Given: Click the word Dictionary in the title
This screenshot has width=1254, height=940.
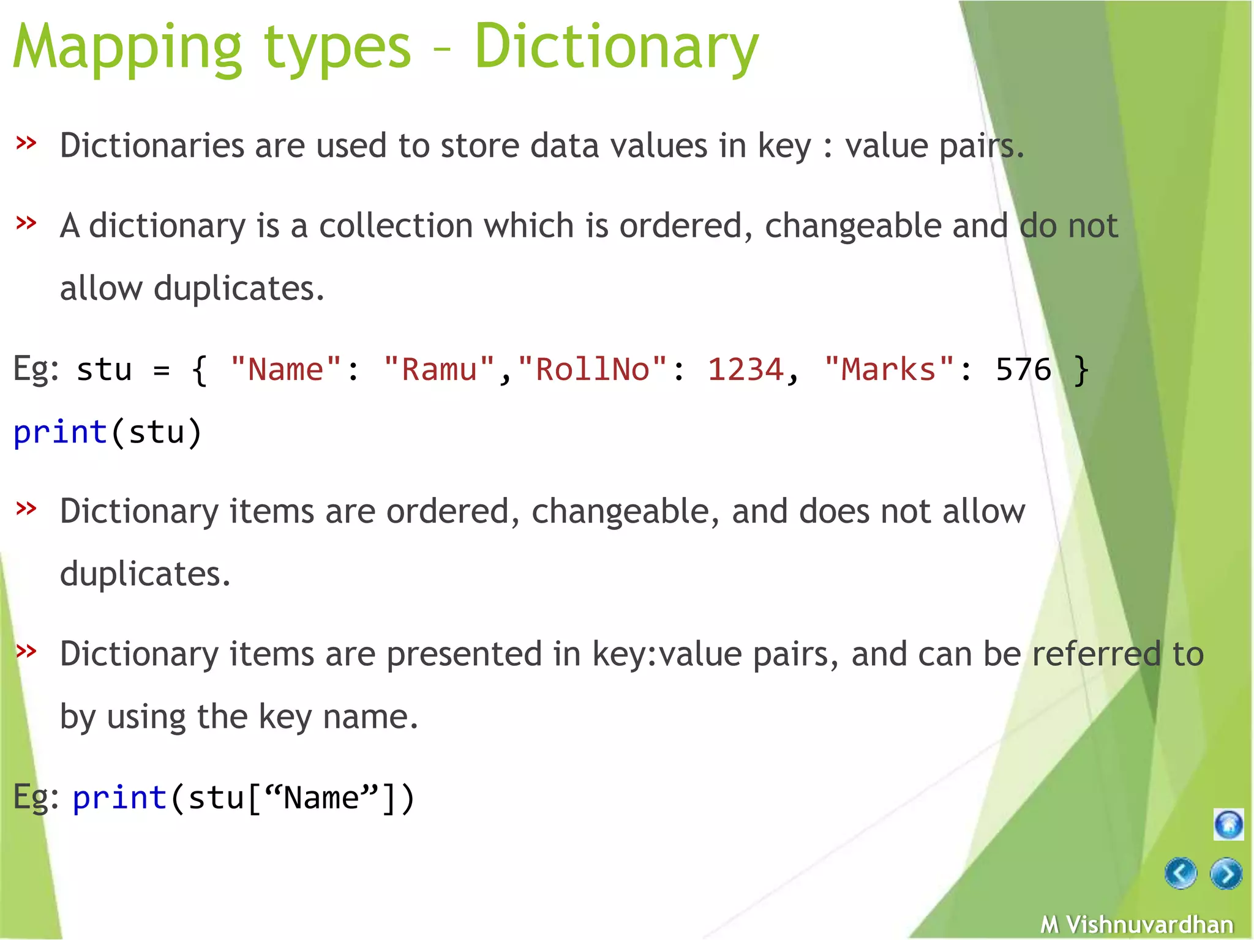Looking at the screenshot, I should coord(616,48).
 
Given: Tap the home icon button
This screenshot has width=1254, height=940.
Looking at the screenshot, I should coord(1228,824).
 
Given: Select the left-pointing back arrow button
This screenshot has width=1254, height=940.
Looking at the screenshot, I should coord(1181,873).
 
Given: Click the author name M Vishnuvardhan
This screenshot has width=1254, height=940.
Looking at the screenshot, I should coord(1137,924).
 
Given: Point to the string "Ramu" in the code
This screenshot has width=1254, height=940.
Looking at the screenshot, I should coord(439,370).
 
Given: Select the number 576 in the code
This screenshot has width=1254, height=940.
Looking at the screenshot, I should coord(1023,370).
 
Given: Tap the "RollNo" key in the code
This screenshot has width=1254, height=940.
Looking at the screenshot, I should coord(592,370).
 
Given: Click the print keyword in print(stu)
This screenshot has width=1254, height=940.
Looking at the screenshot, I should coord(61,433).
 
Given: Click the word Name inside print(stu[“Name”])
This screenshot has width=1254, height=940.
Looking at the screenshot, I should coord(321,798).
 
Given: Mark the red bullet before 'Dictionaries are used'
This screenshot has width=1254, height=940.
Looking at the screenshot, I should coord(26,143).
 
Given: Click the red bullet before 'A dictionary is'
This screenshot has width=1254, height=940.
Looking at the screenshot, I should coord(26,223).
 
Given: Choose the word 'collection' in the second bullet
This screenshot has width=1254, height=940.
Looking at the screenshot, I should coord(396,226).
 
